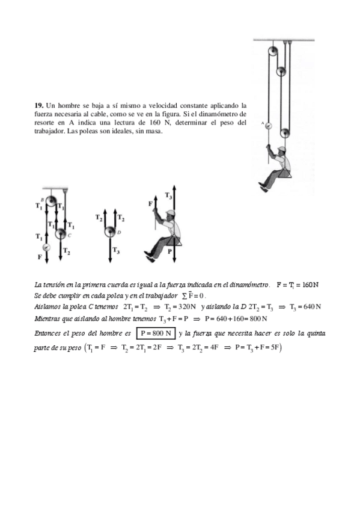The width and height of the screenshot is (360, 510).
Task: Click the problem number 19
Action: [x=38, y=105]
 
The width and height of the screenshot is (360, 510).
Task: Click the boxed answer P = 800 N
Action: [x=156, y=333]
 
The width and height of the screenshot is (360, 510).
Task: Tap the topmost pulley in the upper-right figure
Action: [x=273, y=51]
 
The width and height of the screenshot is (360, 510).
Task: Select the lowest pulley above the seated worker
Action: [x=285, y=133]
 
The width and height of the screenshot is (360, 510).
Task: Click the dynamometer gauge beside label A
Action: [x=268, y=126]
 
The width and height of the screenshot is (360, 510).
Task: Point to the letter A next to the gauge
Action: [x=262, y=123]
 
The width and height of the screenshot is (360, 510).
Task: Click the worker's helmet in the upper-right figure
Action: [x=281, y=149]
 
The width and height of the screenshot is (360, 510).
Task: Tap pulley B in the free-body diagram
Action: [x=50, y=201]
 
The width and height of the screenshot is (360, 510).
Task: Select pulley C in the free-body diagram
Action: [x=61, y=233]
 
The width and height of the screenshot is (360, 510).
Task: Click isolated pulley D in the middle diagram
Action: [x=110, y=232]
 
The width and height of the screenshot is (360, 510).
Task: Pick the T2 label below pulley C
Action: [x=66, y=251]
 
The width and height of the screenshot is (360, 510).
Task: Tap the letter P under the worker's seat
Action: [x=169, y=251]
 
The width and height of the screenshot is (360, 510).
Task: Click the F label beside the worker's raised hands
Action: [x=150, y=204]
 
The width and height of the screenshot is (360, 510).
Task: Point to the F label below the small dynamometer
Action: [x=40, y=257]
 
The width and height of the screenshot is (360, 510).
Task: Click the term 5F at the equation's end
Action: [x=275, y=348]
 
